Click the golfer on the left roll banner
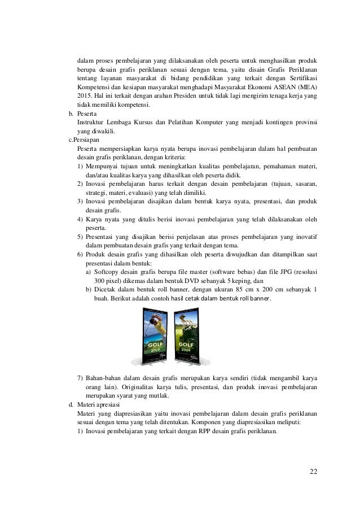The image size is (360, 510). click(x=157, y=322)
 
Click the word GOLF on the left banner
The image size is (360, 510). click(x=155, y=343)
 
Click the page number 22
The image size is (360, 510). click(x=313, y=472)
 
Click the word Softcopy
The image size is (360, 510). click(x=109, y=271)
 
